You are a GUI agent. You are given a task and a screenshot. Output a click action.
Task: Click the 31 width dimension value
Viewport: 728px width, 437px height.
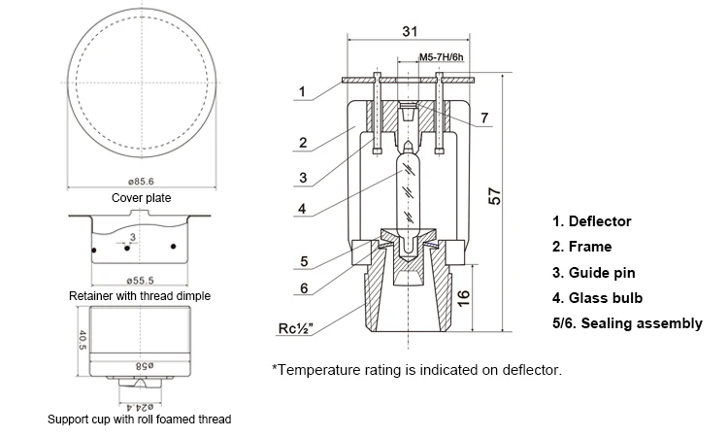410,31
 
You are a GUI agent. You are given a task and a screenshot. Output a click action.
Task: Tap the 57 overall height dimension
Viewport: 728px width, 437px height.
495,196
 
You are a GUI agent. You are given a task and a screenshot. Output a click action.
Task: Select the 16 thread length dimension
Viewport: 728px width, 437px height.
463,298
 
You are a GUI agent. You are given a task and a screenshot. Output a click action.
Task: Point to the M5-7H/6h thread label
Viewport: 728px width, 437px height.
441,57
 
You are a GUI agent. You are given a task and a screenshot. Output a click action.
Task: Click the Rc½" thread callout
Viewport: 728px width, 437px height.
295,328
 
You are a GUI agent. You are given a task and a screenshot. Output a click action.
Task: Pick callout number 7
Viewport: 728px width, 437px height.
484,118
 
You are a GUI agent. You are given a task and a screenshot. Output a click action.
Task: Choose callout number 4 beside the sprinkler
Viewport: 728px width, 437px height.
302,209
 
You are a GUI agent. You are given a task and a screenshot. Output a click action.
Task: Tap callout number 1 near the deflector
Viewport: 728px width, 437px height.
302,91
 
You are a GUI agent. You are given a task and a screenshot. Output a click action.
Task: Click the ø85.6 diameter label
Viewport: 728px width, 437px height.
141,182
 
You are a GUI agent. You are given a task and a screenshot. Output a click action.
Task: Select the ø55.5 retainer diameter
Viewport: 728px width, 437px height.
140,281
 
